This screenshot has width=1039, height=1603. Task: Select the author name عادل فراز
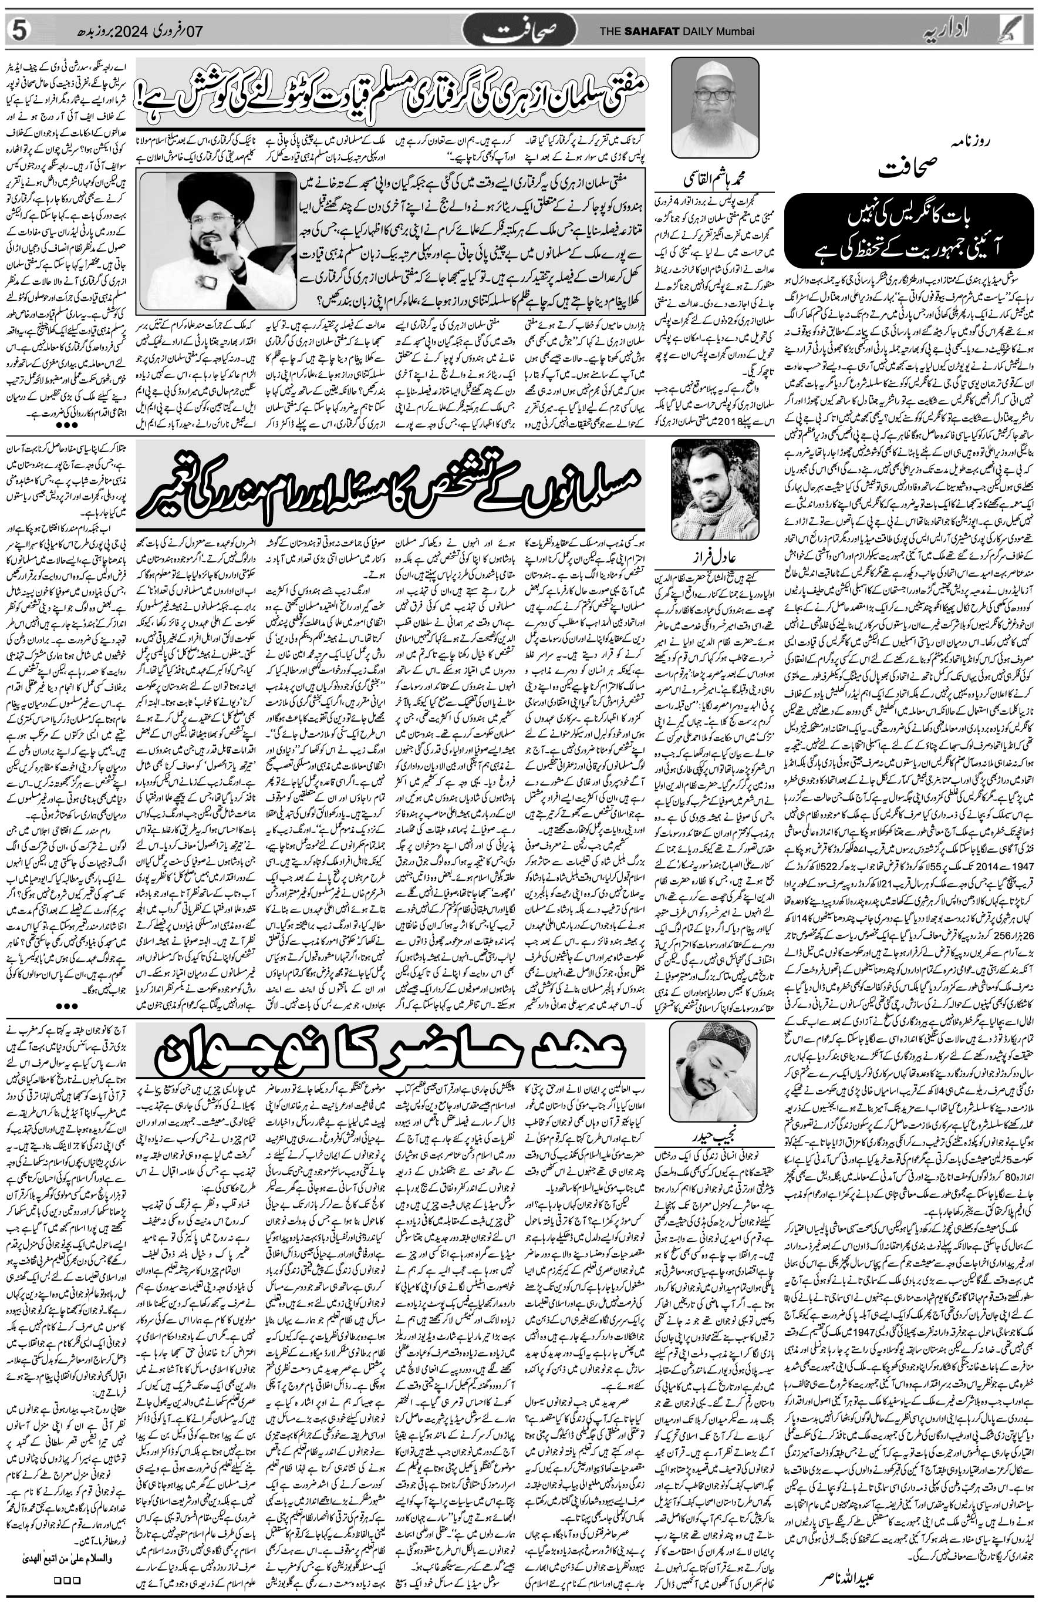713,558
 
